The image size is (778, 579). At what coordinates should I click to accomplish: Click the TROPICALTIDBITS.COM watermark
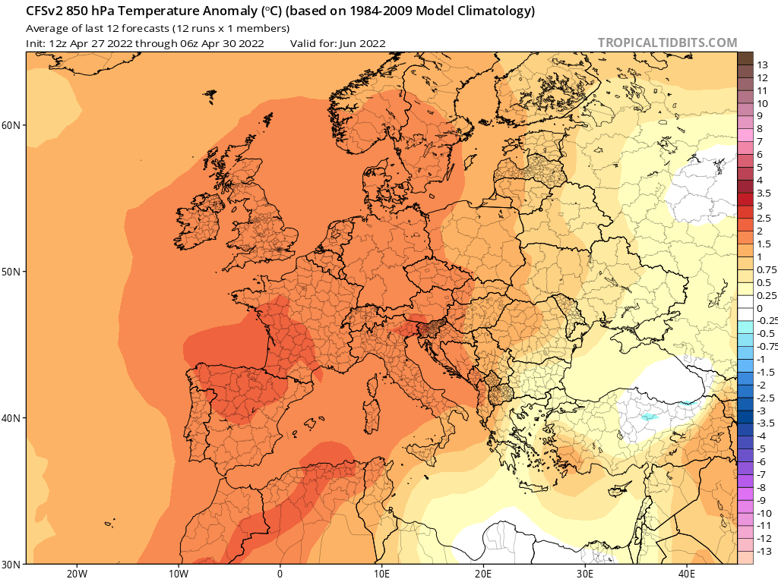coord(667,43)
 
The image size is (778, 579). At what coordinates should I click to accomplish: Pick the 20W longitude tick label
coord(77,573)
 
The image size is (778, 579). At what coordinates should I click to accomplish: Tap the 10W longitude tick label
coord(179,573)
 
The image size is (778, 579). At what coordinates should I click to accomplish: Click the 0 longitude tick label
coord(280,573)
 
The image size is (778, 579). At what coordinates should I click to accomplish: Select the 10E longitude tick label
coord(382,573)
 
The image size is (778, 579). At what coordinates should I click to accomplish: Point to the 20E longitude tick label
coord(484,573)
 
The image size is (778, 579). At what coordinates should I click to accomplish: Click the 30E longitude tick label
coord(586,573)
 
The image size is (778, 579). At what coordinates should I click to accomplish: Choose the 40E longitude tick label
coord(688,573)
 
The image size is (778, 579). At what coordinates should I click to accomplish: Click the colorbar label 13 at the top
coord(763,65)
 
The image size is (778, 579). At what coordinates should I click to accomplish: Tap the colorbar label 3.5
coord(765,194)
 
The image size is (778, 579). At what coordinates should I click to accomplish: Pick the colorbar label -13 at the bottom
coord(764,551)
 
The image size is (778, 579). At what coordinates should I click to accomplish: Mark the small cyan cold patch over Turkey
coord(648,417)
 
